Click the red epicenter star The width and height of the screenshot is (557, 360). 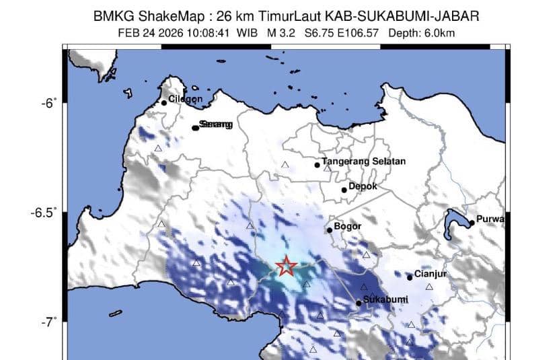[x=287, y=266]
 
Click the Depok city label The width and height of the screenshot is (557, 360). [x=363, y=186]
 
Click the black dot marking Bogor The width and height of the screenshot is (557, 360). [x=330, y=230]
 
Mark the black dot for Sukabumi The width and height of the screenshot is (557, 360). [x=359, y=303]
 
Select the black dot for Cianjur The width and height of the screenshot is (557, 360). [x=410, y=277]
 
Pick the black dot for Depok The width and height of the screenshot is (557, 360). [x=344, y=190]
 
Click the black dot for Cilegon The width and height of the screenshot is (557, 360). [x=164, y=103]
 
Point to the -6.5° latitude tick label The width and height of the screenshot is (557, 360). [x=42, y=213]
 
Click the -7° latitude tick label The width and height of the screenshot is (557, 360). [x=47, y=322]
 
